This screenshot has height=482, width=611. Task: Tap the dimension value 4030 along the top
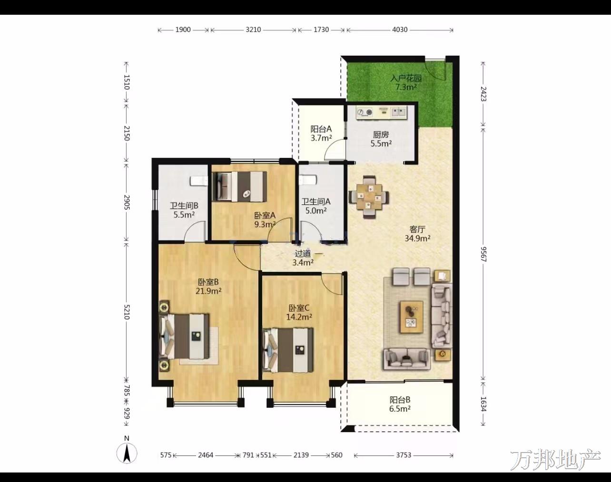coord(400,30)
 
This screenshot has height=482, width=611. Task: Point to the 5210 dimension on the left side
coord(127,312)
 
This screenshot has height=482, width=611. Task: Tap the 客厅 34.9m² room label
coord(417,234)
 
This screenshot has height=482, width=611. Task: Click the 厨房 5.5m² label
coord(381,139)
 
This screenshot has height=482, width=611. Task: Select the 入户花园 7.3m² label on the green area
coord(406,82)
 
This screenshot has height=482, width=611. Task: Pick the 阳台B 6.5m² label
coord(400,404)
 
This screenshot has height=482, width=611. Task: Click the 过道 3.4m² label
coord(303,258)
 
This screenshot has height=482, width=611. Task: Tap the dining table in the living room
coord(369,197)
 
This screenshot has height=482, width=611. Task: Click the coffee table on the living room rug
coord(412,317)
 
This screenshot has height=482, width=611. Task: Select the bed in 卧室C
coord(288,350)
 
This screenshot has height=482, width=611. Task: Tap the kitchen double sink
coord(399,112)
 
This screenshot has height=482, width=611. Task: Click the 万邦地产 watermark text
coord(556,460)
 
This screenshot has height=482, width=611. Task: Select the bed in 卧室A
coord(239,187)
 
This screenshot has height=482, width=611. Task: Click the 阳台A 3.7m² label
coord(321,134)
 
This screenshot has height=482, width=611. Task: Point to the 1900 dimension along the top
coord(183,30)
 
